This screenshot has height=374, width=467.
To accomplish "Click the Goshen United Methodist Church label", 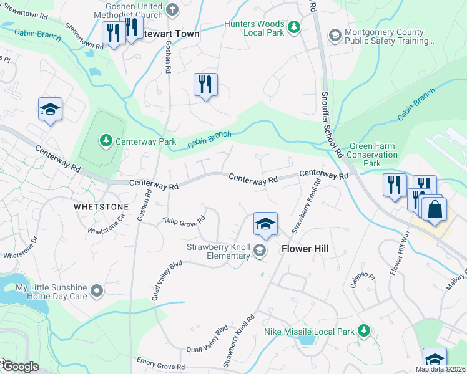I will coord(128,10).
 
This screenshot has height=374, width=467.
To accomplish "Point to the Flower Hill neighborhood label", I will coord(305,249).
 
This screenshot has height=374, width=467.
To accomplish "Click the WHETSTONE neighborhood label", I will coord(101,206).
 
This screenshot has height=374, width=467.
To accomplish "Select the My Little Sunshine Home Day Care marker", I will coord(96,291).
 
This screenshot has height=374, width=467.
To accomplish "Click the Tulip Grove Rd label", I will coord(185,220).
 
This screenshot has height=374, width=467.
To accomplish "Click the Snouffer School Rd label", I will coord(332,125).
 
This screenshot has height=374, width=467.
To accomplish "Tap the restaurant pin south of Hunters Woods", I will coord(205,84).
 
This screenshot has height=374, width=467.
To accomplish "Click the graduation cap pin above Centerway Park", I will coord(50,110).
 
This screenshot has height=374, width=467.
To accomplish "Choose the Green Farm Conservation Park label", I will coord(372,155).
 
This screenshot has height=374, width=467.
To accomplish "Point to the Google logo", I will coord(20,367).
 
